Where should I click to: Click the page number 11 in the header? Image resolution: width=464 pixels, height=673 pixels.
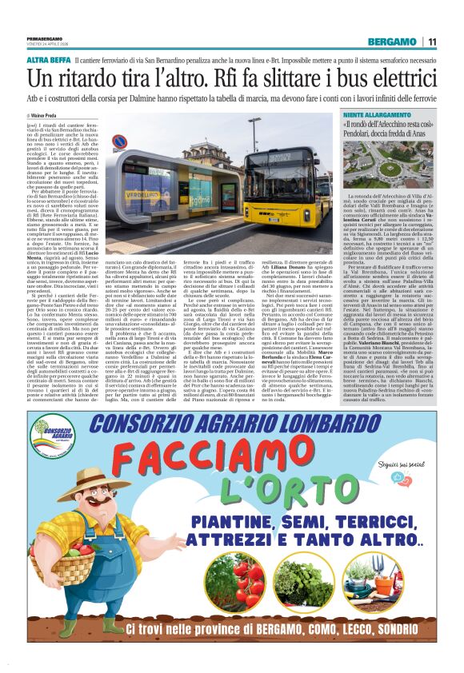(x=432, y=42)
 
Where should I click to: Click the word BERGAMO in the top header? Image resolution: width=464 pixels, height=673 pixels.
(x=392, y=42)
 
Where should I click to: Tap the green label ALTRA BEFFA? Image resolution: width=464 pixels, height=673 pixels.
(x=48, y=60)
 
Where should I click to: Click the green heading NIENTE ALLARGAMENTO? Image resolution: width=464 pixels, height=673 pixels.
(x=376, y=116)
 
